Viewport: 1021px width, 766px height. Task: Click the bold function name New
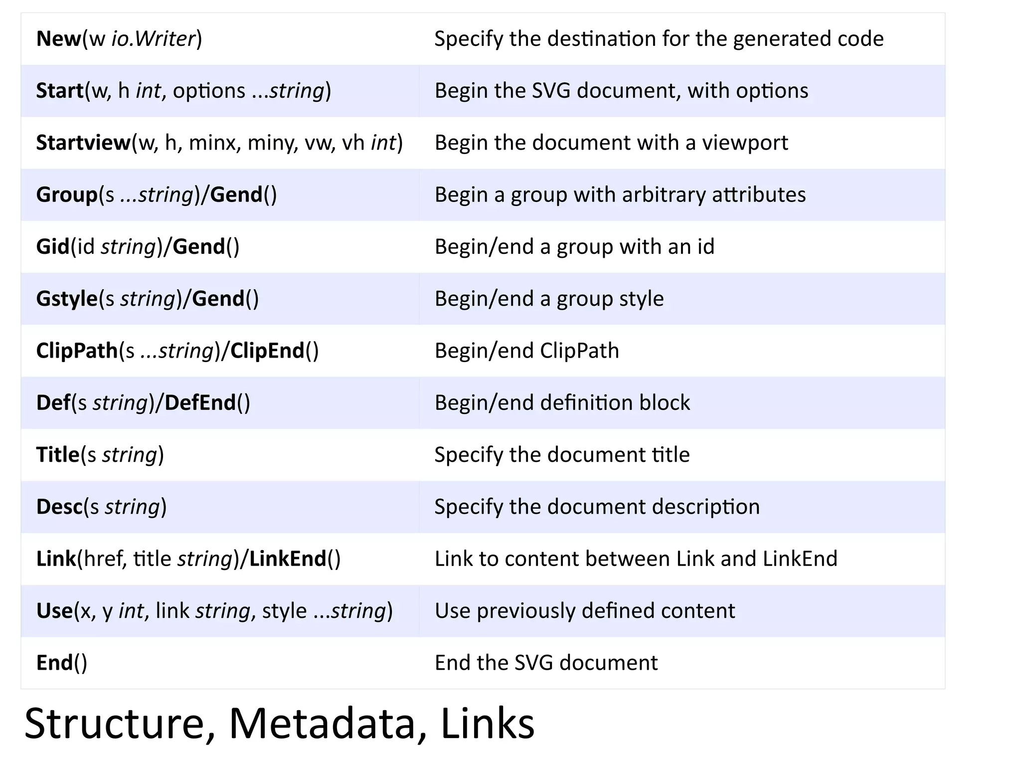(58, 39)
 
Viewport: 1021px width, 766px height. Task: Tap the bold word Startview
(83, 143)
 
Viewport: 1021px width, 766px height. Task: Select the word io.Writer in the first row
(153, 39)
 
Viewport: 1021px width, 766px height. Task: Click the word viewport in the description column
(745, 143)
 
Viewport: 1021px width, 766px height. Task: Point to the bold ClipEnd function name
(267, 351)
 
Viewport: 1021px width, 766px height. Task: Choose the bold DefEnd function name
(200, 403)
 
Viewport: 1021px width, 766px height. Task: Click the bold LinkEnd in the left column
(288, 559)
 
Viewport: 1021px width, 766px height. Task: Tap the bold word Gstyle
(67, 299)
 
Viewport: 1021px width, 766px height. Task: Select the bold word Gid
(52, 247)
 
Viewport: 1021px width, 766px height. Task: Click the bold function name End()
(61, 663)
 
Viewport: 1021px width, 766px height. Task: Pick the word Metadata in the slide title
(322, 724)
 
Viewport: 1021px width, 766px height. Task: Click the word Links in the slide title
(487, 724)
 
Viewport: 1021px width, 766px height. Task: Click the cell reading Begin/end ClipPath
(526, 351)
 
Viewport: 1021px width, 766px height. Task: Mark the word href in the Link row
(103, 559)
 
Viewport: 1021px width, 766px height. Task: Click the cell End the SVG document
(546, 663)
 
